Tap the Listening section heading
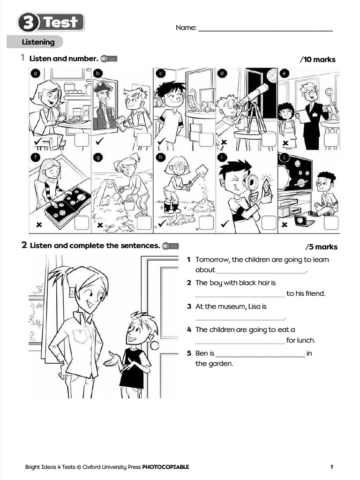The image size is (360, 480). coord(38,42)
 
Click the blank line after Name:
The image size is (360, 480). coord(265,30)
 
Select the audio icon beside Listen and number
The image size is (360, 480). coord(108,59)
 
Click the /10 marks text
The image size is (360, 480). coord(317,60)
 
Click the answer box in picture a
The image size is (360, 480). coord(82,140)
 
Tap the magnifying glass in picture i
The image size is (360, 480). coord(252,182)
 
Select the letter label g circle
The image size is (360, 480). coord(98,158)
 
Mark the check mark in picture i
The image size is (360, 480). coord(224,225)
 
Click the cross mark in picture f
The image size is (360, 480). coord(39,225)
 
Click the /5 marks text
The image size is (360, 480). coord(321,247)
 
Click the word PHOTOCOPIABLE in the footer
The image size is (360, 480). coord(165,467)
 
